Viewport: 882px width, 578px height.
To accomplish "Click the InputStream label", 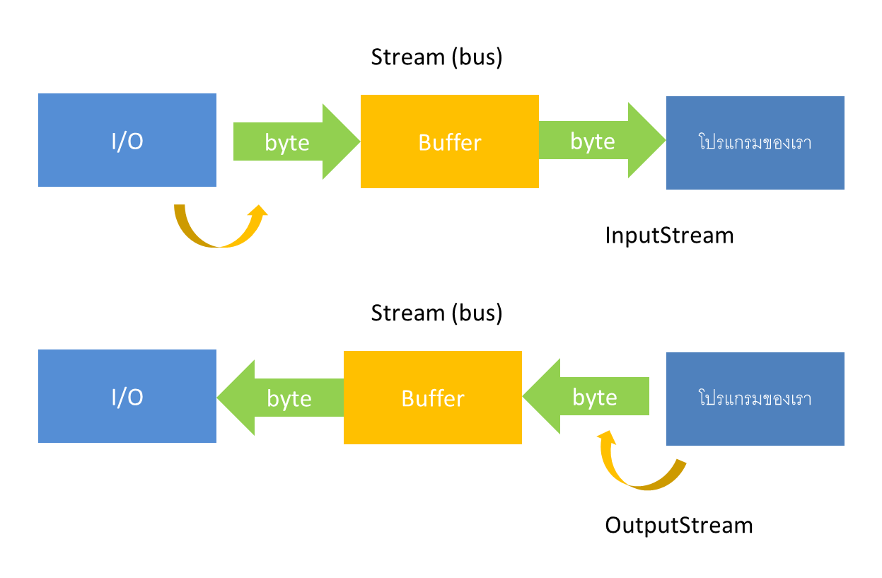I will tap(669, 236).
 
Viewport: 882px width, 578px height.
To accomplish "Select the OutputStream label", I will tap(678, 526).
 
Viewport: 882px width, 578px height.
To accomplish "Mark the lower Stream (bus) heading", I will tap(436, 313).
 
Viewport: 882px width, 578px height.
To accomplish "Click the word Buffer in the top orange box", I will tap(449, 143).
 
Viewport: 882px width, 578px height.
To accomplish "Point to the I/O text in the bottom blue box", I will tap(127, 398).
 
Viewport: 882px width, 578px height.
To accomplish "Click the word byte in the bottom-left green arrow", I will tap(289, 399).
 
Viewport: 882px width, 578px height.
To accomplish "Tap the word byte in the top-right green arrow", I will tap(592, 141).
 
